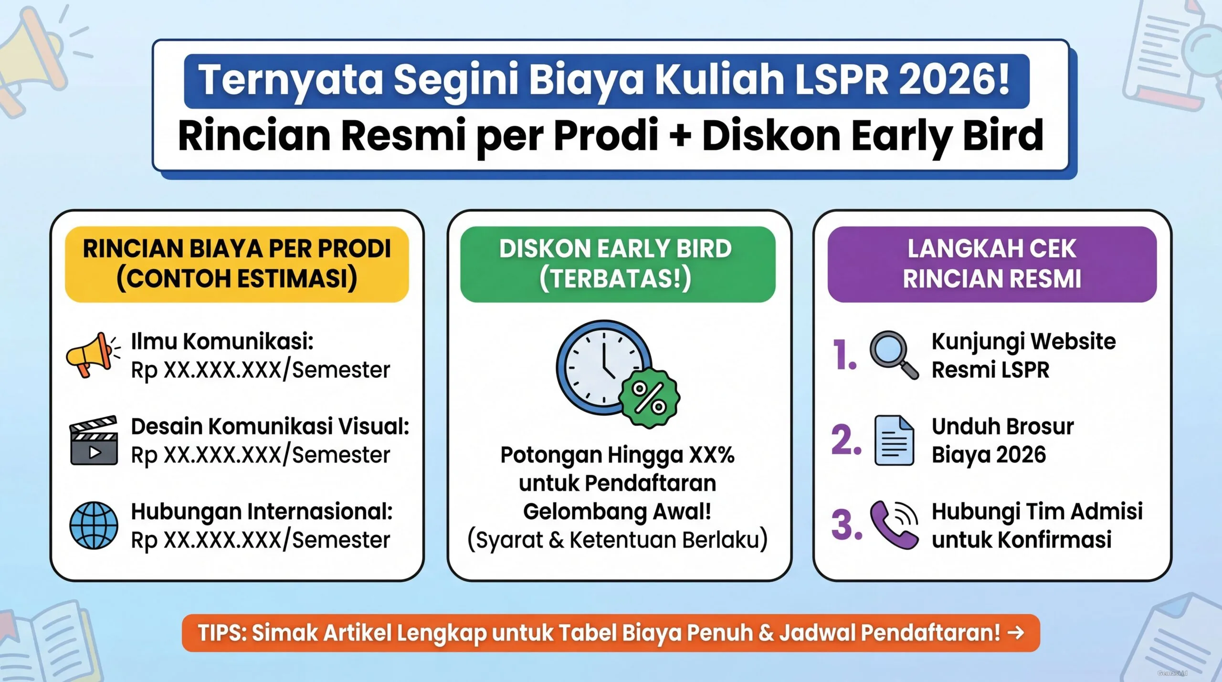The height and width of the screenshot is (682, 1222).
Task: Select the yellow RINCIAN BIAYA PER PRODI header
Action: (237, 264)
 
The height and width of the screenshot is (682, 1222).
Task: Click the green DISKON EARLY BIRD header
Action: (617, 264)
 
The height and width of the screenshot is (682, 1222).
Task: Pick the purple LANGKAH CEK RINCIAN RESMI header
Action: (992, 264)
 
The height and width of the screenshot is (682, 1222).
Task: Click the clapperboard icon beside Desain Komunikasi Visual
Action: (94, 441)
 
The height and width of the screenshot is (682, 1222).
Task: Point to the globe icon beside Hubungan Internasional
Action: (94, 525)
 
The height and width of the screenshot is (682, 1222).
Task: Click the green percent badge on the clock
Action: (649, 398)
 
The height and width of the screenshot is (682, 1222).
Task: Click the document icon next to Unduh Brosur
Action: (894, 441)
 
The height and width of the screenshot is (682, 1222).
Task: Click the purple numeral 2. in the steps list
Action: (846, 440)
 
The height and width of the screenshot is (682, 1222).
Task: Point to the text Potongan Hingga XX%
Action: (617, 455)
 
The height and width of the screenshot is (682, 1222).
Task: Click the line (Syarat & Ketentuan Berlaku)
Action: (617, 540)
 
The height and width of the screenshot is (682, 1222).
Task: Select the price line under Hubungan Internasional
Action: (260, 540)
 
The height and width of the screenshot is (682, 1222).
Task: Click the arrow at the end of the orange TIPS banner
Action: (1015, 633)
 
